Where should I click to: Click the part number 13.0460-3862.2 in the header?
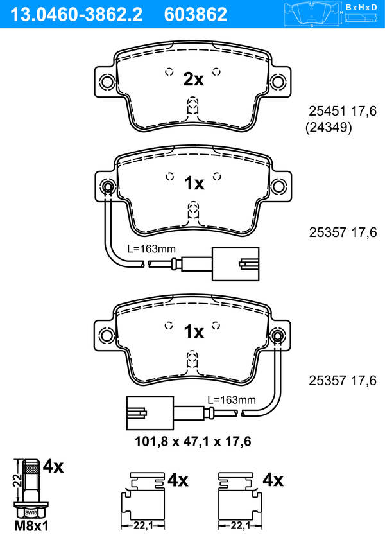click(x=76, y=15)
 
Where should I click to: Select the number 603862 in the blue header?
click(x=196, y=15)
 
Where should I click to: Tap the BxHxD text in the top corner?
click(x=361, y=7)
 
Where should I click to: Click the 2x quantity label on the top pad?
click(x=193, y=79)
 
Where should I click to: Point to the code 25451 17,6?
click(x=343, y=111)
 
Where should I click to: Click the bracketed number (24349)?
click(x=329, y=127)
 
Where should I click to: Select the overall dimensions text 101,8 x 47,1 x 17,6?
click(x=193, y=441)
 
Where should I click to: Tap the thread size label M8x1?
click(x=31, y=526)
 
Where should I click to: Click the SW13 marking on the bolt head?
click(x=31, y=513)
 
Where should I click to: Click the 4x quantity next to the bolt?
click(x=53, y=467)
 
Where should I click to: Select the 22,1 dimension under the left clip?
click(x=143, y=525)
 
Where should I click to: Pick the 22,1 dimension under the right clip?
click(x=240, y=525)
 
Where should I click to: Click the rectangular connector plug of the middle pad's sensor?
click(x=235, y=264)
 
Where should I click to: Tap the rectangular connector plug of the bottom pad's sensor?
click(x=150, y=413)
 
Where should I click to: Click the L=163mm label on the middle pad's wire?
click(x=151, y=248)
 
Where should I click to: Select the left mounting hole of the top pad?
click(x=107, y=82)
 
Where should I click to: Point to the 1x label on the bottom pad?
click(x=194, y=332)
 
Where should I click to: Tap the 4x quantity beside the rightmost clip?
click(x=273, y=480)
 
